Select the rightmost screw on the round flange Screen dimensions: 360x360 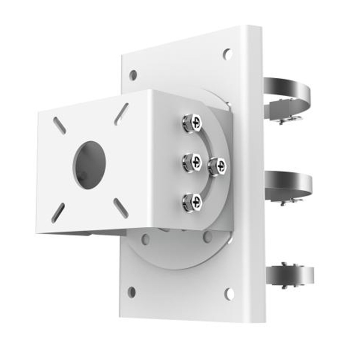point(217,166)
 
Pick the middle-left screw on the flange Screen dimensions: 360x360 point(192,162)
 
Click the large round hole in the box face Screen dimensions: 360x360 point(89,165)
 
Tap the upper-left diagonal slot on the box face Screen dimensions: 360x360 point(59,126)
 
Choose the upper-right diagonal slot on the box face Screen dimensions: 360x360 point(121,114)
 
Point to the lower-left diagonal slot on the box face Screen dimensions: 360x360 point(58,213)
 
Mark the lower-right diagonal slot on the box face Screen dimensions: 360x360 point(121,208)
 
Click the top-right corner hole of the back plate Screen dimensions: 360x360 point(227,54)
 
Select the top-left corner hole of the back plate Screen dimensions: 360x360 point(133,75)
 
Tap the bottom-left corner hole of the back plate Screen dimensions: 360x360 point(132,291)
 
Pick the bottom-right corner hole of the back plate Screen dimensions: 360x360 point(229,294)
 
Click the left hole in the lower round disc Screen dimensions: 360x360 point(145,239)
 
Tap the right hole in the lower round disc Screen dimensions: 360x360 point(207,236)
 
